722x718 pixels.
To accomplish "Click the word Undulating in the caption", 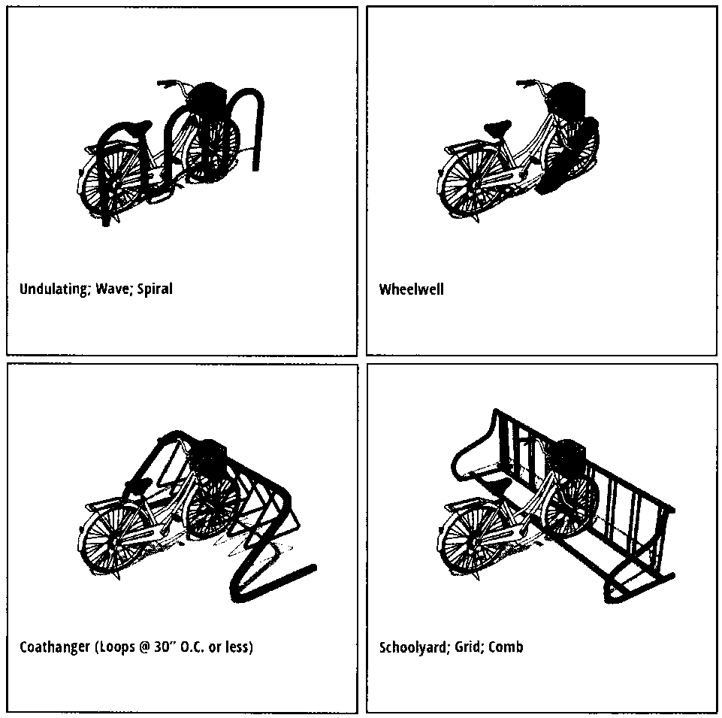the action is tap(53, 289).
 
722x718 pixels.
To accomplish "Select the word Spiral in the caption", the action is tap(155, 289).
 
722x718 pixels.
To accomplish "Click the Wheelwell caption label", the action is tap(411, 289).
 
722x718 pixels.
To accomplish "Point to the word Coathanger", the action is tap(55, 647).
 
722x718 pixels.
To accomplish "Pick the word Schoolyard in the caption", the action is tap(413, 647).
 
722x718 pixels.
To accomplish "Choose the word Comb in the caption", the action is tap(506, 647).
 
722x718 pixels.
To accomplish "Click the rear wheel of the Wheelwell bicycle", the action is tap(469, 183).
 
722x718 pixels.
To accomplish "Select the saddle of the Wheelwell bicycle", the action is tap(498, 126).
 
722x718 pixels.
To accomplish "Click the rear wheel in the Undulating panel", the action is tap(110, 182).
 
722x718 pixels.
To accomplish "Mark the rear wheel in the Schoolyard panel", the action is tap(470, 539).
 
